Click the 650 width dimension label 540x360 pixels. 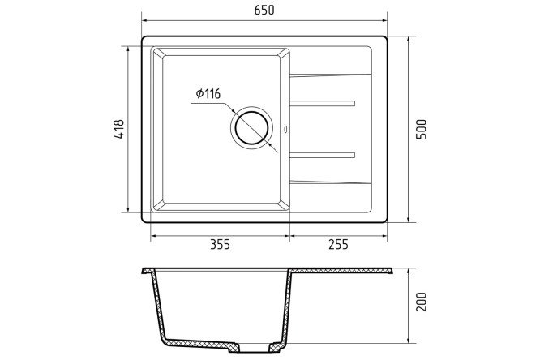264,11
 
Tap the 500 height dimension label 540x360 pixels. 421,129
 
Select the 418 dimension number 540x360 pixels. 118,129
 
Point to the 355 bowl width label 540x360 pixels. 220,245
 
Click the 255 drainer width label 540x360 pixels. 339,245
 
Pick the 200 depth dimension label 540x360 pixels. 421,302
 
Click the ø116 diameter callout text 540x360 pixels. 208,94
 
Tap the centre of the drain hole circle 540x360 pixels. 251,128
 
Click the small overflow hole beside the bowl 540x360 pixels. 285,129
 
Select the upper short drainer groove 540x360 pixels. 323,103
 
